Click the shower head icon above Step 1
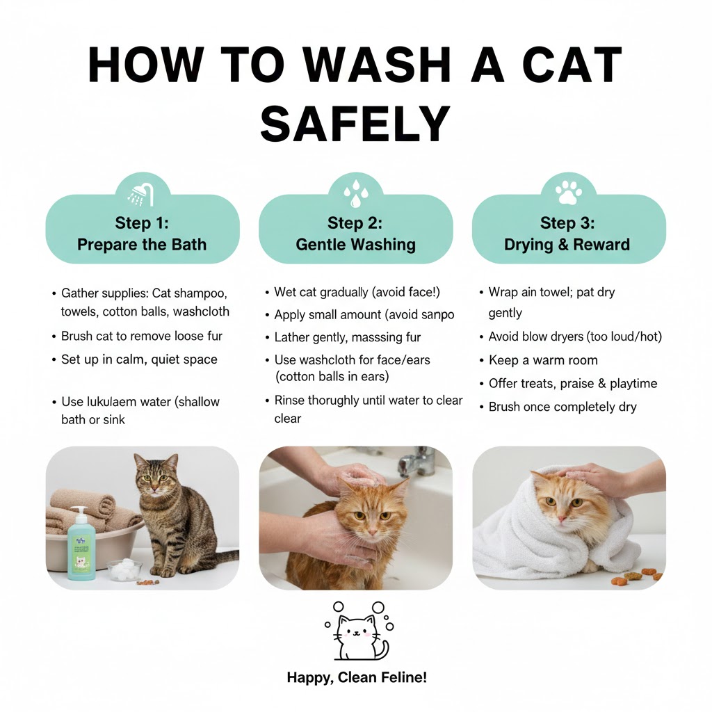coord(142,194)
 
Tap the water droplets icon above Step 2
coord(355,193)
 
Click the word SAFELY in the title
coord(355,125)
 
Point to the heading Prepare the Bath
coord(142,245)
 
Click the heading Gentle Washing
coord(355,245)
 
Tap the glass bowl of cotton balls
coord(125,569)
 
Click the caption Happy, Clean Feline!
coord(357,677)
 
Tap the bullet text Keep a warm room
coord(542,360)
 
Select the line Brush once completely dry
coord(562,407)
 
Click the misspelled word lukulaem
coord(111,402)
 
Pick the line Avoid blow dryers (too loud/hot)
coord(575,337)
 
